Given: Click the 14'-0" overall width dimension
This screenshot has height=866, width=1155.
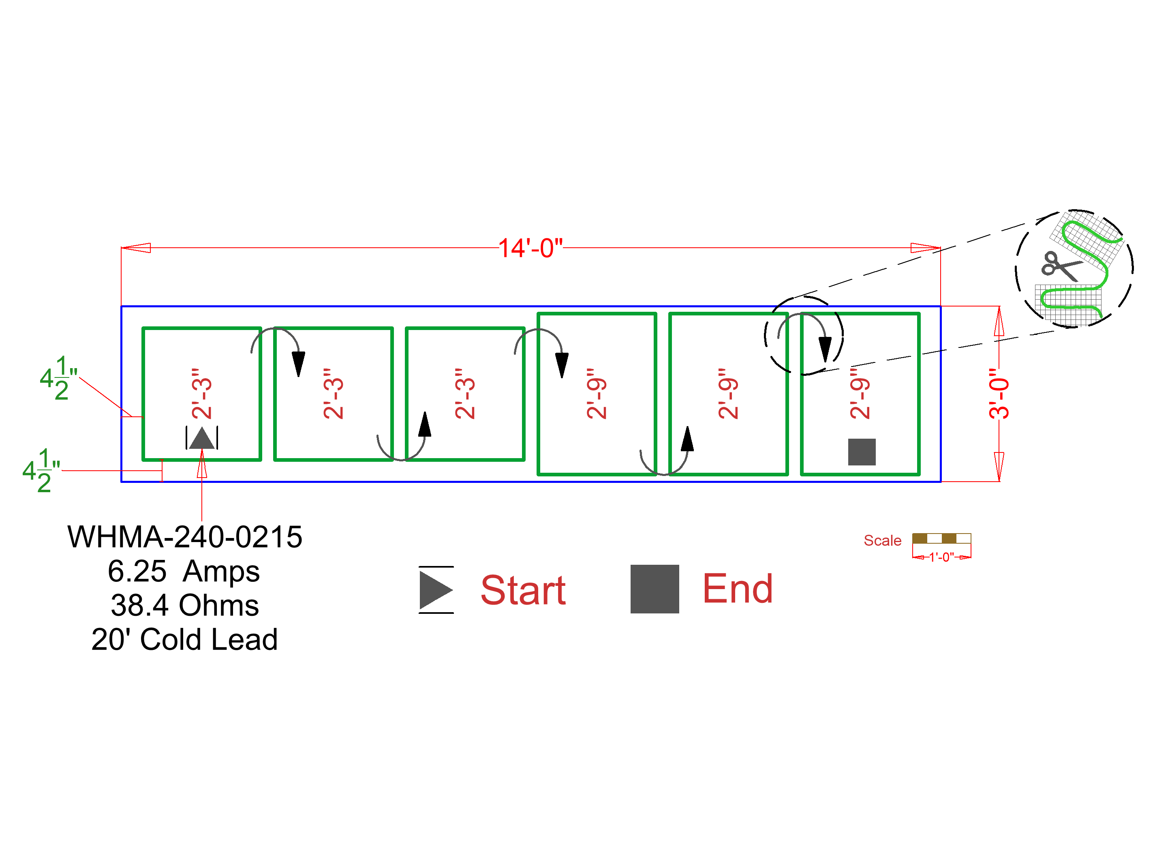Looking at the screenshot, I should (530, 248).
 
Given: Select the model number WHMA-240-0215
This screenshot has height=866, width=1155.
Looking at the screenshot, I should (185, 537).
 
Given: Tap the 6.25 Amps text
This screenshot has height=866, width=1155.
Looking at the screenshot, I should (184, 571).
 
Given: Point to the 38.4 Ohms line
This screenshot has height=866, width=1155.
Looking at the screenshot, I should (185, 605).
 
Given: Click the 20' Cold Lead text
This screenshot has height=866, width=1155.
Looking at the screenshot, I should (184, 639).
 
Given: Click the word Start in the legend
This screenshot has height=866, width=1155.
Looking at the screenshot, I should (523, 590).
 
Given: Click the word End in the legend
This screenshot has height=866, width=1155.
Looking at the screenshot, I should (737, 589).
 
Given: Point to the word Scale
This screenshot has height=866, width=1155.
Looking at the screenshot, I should (882, 540).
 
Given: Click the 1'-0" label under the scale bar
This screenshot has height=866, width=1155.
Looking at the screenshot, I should (941, 557).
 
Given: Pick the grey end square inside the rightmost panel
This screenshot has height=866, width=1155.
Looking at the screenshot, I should (862, 452).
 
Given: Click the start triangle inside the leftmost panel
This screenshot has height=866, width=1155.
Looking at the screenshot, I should (201, 439).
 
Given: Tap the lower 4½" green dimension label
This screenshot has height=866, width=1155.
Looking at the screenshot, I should (41, 470).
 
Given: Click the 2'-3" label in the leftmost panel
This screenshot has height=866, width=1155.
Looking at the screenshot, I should (201, 393).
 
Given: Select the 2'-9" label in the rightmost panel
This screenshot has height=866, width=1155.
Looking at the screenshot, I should (860, 393).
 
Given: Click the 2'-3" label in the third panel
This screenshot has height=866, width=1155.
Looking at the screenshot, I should (465, 393).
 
